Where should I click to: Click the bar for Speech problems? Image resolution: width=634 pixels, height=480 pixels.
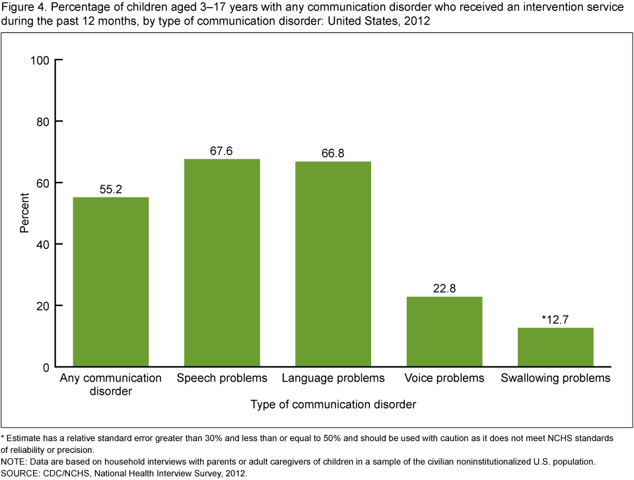click(x=222, y=262)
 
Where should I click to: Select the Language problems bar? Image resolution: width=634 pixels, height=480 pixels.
click(x=333, y=264)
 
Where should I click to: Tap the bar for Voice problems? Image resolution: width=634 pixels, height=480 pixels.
click(x=444, y=331)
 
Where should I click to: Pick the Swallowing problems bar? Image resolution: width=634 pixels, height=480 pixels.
click(x=555, y=346)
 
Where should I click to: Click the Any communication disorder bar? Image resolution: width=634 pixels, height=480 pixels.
click(x=111, y=282)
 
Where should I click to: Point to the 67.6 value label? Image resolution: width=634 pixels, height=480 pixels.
click(x=222, y=151)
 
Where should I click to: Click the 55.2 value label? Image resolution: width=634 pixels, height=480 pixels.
click(x=111, y=189)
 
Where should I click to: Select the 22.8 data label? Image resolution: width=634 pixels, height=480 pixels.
click(x=444, y=288)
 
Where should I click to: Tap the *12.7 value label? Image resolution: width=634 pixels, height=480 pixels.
click(x=555, y=319)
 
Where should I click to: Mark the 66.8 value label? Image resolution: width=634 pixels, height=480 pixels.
click(x=333, y=153)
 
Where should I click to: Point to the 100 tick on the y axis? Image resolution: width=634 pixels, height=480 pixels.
click(x=40, y=61)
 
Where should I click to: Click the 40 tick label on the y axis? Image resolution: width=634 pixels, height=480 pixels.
click(x=44, y=245)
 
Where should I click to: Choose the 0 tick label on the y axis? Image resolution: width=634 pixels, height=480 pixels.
click(x=46, y=367)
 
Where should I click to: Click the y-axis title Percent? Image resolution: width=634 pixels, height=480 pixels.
click(x=24, y=214)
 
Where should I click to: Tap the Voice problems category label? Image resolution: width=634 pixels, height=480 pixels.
click(x=444, y=379)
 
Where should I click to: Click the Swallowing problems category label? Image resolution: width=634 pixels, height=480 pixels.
click(x=555, y=379)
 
